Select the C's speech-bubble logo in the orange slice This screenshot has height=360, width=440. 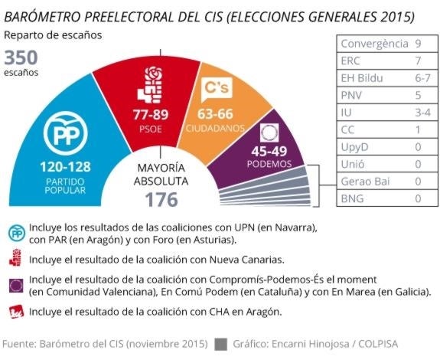pos(212,91)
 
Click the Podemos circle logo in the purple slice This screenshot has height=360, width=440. pos(270,131)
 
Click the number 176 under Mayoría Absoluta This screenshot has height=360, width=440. pos(161,199)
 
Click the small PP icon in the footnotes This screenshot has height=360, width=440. pos(15,233)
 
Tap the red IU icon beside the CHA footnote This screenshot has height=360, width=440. pos(15,312)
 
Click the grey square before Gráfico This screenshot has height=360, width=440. pos(223,344)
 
